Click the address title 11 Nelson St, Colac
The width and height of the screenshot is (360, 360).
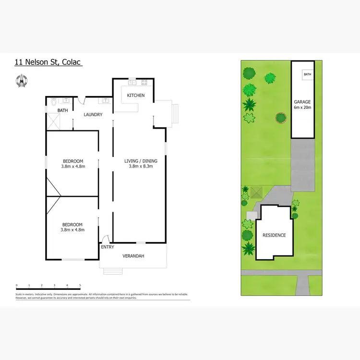pyautogui.click(x=48, y=62)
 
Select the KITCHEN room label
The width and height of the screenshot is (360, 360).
pyautogui.click(x=135, y=96)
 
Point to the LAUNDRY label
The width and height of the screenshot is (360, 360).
pyautogui.click(x=93, y=115)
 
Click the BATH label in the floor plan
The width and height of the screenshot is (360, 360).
pyautogui.click(x=63, y=110)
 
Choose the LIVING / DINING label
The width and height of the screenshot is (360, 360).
pyautogui.click(x=141, y=161)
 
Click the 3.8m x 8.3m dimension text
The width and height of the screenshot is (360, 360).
pyautogui.click(x=141, y=167)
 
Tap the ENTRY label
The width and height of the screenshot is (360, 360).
pyautogui.click(x=107, y=247)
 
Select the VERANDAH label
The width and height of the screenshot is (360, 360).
pyautogui.click(x=133, y=256)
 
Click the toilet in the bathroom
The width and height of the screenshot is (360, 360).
pyautogui.click(x=54, y=101)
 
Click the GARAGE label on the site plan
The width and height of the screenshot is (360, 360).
pyautogui.click(x=302, y=102)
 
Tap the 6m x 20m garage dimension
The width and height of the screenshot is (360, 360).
pyautogui.click(x=302, y=108)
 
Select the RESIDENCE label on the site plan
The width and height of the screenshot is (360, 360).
pyautogui.click(x=274, y=235)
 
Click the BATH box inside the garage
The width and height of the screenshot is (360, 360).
pyautogui.click(x=307, y=74)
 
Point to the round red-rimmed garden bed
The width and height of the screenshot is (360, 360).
pyautogui.click(x=280, y=118)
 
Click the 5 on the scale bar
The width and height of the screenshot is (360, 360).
pyautogui.click(x=80, y=285)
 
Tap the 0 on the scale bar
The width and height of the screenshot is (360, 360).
pyautogui.click(x=16, y=285)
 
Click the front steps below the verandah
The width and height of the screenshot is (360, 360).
pyautogui.click(x=110, y=271)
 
